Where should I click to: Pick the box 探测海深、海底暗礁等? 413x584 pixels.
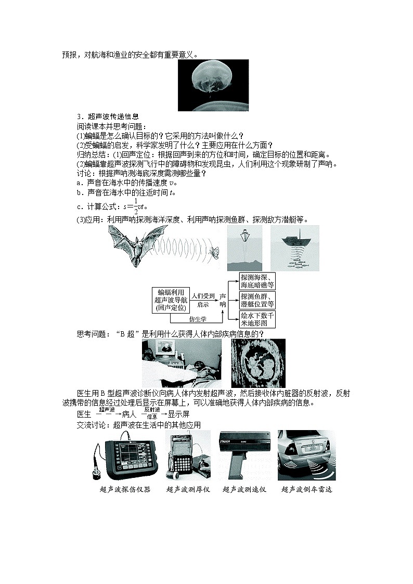pos(257,281)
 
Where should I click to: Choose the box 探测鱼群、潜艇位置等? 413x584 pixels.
pos(257,300)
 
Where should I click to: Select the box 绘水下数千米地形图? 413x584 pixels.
pos(257,319)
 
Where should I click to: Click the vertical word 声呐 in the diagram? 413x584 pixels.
pos(224,300)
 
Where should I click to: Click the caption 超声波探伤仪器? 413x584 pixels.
pos(125,489)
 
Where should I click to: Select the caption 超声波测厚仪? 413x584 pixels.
pos(188,489)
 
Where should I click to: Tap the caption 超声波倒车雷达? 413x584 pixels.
pos(306,489)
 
